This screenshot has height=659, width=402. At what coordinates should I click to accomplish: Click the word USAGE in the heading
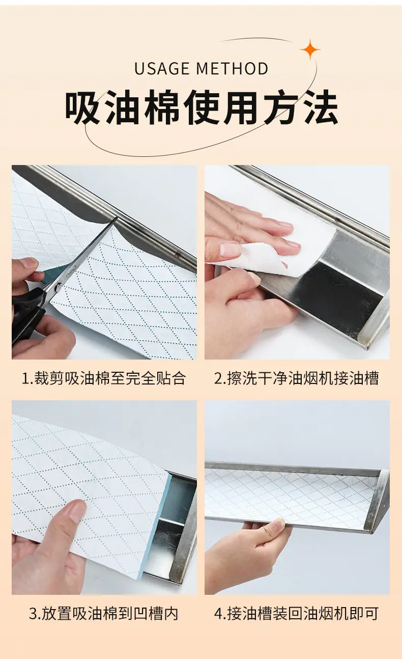click(x=162, y=68)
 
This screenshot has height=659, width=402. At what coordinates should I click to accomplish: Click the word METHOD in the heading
click(x=232, y=68)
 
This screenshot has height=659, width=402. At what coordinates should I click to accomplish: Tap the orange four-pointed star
click(x=310, y=49)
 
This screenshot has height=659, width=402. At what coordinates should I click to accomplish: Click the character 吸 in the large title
click(x=82, y=107)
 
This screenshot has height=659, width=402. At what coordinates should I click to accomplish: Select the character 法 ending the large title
click(x=321, y=107)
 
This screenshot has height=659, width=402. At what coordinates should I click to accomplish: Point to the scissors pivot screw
click(x=59, y=285)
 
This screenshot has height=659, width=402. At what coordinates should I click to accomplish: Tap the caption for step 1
click(x=104, y=378)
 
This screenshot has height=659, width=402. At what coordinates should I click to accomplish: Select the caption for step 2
click(x=297, y=378)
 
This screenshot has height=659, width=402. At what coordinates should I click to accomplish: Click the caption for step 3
click(x=103, y=614)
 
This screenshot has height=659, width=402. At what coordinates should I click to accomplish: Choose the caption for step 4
click(x=296, y=614)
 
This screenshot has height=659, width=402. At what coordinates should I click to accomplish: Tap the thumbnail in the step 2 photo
click(x=231, y=249)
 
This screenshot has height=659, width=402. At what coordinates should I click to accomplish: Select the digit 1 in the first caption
click(x=25, y=378)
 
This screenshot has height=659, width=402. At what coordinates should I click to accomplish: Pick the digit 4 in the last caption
click(x=218, y=614)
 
